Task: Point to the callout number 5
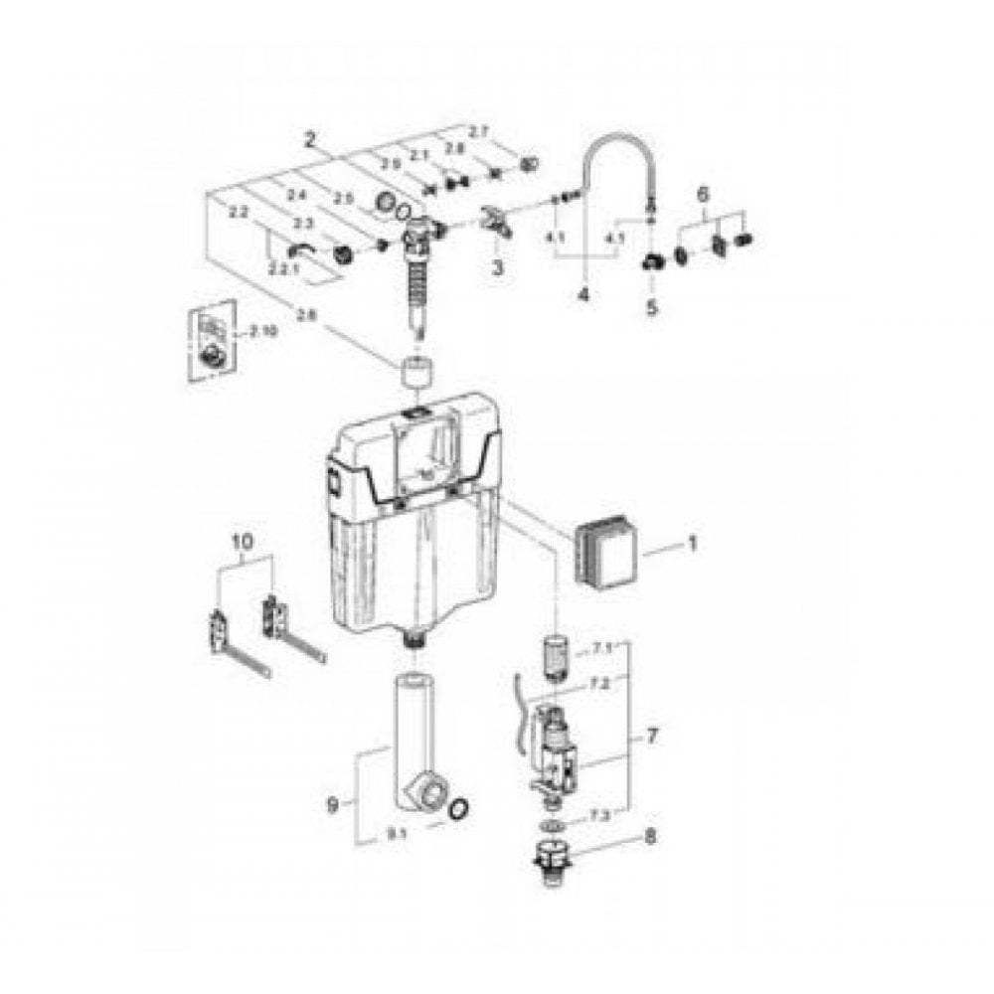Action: tap(652, 308)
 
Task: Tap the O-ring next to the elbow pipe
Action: tap(457, 810)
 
